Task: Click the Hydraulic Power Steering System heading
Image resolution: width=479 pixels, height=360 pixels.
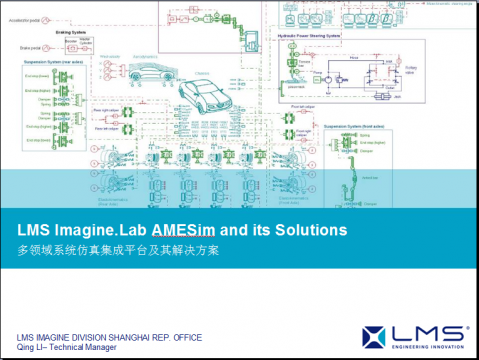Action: [x=311, y=34]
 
